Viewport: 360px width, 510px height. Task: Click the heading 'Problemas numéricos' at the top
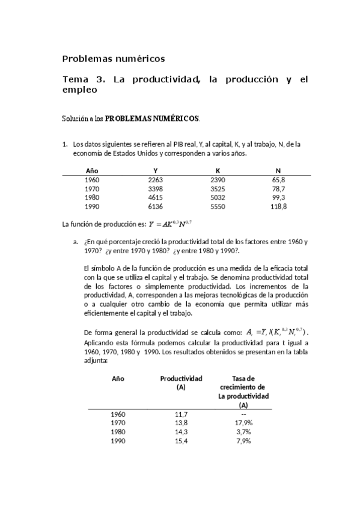(x=114, y=59)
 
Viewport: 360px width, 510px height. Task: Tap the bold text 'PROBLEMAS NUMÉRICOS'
(x=153, y=118)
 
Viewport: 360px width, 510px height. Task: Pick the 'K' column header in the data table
(x=218, y=170)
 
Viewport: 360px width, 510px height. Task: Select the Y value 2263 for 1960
(x=156, y=180)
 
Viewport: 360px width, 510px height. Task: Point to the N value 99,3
(x=278, y=197)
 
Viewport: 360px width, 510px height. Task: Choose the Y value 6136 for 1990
(x=156, y=206)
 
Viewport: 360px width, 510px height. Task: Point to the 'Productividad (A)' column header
(x=181, y=383)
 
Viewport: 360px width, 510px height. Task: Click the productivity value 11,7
(x=181, y=414)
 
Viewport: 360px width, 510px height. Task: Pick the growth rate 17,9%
(x=243, y=423)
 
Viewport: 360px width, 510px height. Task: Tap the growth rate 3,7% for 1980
(x=243, y=432)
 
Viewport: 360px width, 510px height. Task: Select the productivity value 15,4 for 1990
(x=181, y=441)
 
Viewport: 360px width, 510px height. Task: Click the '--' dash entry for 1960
(x=243, y=414)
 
